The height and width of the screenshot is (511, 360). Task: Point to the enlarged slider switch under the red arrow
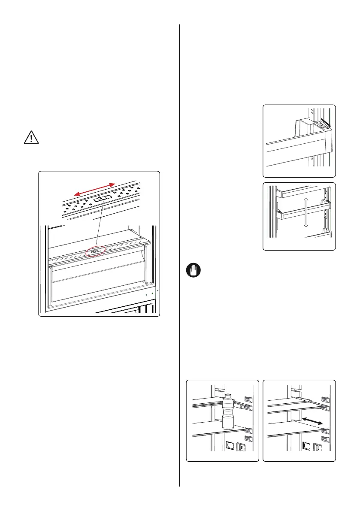tap(103, 199)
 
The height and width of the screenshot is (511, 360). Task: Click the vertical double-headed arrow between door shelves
tap(306, 212)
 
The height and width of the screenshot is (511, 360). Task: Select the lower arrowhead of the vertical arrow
tap(306, 226)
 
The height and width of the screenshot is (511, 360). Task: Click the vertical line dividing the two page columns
tap(179, 257)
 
